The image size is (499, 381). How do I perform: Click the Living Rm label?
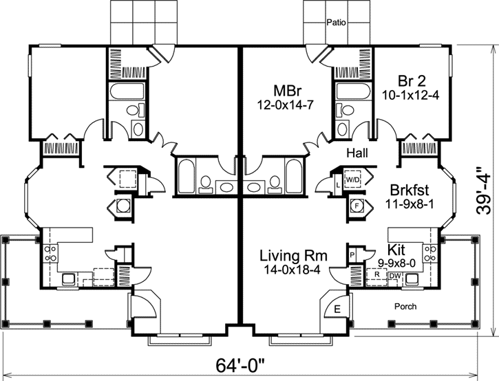(x=293, y=256)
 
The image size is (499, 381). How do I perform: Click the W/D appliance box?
(x=353, y=179)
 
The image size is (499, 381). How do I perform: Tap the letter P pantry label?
(x=353, y=254)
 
